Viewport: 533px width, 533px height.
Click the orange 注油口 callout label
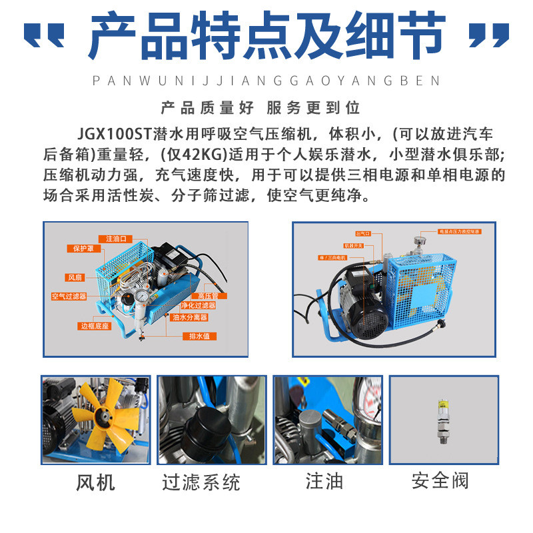(x=115, y=238)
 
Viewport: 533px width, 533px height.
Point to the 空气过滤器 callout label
(x=69, y=296)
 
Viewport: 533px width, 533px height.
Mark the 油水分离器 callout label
(x=189, y=317)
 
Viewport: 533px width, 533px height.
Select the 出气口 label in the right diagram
(x=362, y=234)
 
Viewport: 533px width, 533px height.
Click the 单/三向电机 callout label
(x=333, y=257)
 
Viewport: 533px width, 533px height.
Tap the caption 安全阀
(x=440, y=480)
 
